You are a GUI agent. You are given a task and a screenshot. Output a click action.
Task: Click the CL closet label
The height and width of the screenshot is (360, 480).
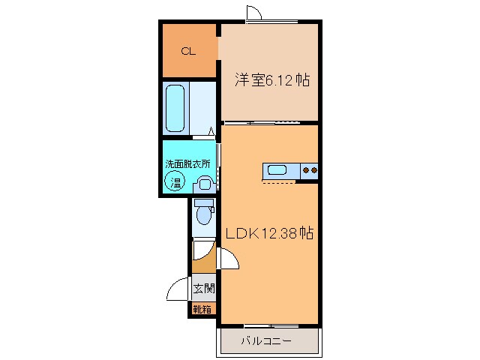[x=187, y=52]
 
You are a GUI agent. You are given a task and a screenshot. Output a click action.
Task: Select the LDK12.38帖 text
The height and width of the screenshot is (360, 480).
[x=268, y=233]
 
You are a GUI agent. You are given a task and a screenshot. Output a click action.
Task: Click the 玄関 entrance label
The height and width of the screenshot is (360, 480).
[x=202, y=289]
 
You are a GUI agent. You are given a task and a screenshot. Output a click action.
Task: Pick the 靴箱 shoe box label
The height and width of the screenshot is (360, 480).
[x=202, y=308]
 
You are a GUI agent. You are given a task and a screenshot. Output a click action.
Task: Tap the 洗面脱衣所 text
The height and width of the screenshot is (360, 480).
[x=188, y=164]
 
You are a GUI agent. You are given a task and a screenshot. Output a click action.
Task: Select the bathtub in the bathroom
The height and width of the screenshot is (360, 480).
[x=176, y=107]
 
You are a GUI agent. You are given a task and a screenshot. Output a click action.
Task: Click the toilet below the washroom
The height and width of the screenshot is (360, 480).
[x=202, y=214]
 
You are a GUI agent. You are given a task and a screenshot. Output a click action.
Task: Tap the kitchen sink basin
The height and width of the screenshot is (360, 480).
[x=277, y=170]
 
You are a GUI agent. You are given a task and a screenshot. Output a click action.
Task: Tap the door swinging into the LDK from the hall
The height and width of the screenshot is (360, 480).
[x=228, y=259]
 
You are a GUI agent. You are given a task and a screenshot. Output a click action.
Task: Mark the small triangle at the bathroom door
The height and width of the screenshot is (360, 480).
[x=211, y=133]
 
